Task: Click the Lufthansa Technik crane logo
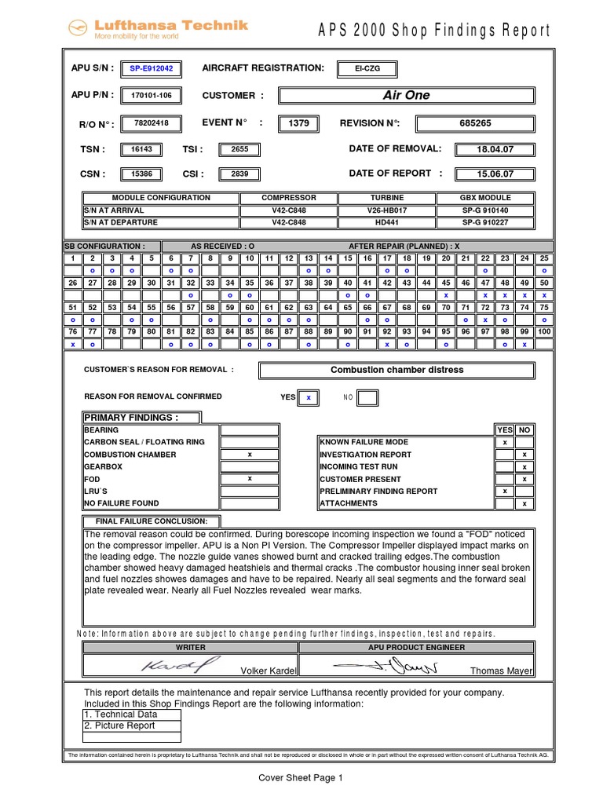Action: point(77,29)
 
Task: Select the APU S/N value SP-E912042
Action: point(151,69)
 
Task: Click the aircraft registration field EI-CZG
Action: point(366,69)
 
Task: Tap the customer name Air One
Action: point(406,95)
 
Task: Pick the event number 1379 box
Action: point(299,123)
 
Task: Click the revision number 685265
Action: point(475,123)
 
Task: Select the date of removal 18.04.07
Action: point(495,149)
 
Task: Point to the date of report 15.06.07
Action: point(495,174)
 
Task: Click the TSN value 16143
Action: point(141,149)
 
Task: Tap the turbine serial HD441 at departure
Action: point(386,222)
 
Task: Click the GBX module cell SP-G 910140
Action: point(484,210)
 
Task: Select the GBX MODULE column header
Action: point(484,198)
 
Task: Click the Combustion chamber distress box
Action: point(397,370)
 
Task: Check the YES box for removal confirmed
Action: point(309,397)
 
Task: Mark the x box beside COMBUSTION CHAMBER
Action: point(249,455)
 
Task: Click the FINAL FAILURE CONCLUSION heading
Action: point(152,521)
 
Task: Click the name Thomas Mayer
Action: point(500,671)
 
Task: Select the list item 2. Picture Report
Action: point(119,725)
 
